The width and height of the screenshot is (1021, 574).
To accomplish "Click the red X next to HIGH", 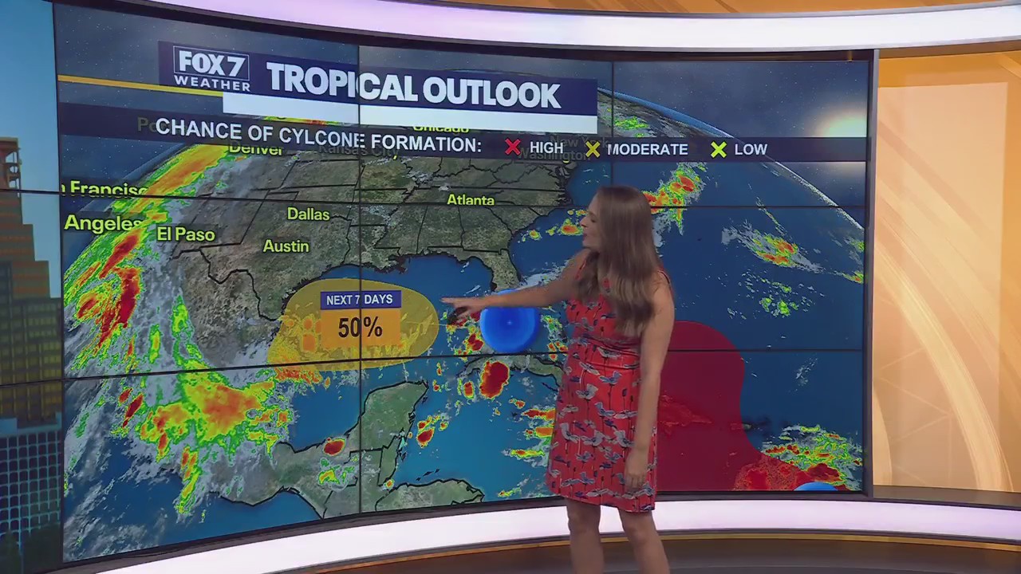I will click(x=513, y=147).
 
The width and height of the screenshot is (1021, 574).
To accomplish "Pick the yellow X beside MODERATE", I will click(x=592, y=149).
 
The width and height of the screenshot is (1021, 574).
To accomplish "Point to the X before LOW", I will click(x=719, y=149).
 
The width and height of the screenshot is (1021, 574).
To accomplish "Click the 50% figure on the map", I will click(x=360, y=328).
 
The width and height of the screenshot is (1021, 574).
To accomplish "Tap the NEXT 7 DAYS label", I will click(x=360, y=300).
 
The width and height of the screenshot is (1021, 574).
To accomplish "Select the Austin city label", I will click(x=286, y=246).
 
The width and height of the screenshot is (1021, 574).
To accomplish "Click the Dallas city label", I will click(x=308, y=214).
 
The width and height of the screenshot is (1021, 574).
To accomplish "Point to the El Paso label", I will click(x=186, y=234).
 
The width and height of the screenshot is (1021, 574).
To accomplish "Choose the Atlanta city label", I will click(x=470, y=200).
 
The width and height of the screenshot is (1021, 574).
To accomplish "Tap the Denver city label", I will click(x=256, y=150).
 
